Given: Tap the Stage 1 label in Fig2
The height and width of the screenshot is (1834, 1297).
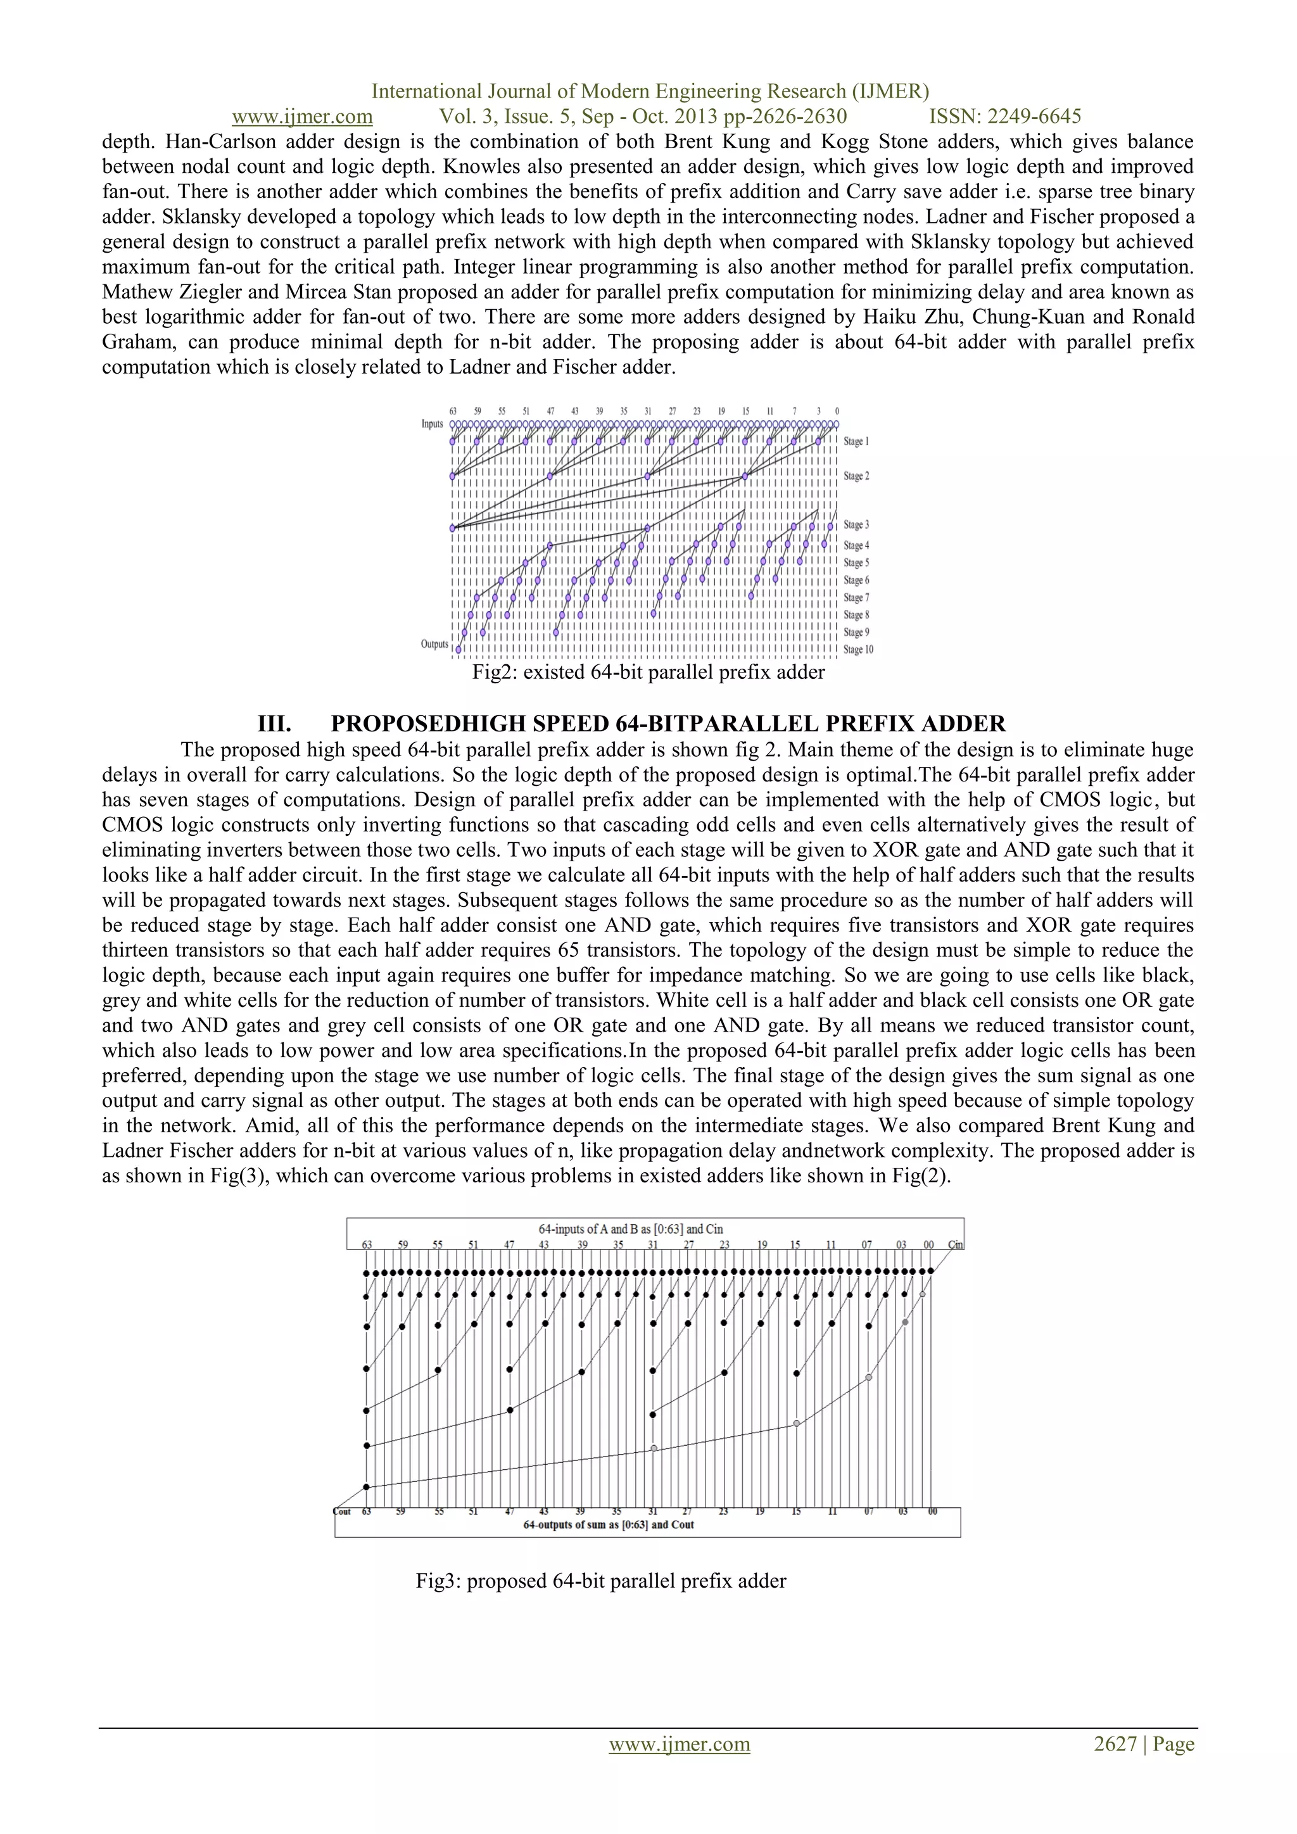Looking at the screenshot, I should pyautogui.click(x=856, y=442).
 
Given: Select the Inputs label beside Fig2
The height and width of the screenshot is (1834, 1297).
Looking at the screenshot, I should pyautogui.click(x=432, y=424).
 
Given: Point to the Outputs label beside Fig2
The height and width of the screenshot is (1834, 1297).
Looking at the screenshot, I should pyautogui.click(x=434, y=644).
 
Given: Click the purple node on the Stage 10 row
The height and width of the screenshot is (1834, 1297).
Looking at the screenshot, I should pyautogui.click(x=459, y=649).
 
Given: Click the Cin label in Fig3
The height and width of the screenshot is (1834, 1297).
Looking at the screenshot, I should pyautogui.click(x=955, y=1245).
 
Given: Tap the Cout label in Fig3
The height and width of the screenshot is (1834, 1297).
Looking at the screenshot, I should pyautogui.click(x=342, y=1511).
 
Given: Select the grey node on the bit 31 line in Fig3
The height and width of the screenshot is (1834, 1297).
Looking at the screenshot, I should pyautogui.click(x=654, y=1448).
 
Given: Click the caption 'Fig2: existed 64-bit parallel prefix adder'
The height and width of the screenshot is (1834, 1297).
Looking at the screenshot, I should pyautogui.click(x=648, y=672).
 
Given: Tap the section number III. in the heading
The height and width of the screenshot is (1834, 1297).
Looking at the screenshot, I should pyautogui.click(x=274, y=724).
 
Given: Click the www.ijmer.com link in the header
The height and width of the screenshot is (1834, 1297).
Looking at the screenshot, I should pyautogui.click(x=302, y=117).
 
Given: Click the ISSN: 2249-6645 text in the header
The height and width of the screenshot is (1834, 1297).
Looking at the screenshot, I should pyautogui.click(x=1004, y=117).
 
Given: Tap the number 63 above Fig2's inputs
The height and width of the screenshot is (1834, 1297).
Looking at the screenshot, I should pyautogui.click(x=453, y=412).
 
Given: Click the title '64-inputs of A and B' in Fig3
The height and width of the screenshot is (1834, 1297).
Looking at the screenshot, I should pyautogui.click(x=630, y=1229).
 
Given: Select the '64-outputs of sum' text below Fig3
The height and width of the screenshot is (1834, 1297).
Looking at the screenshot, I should pyautogui.click(x=608, y=1524).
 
